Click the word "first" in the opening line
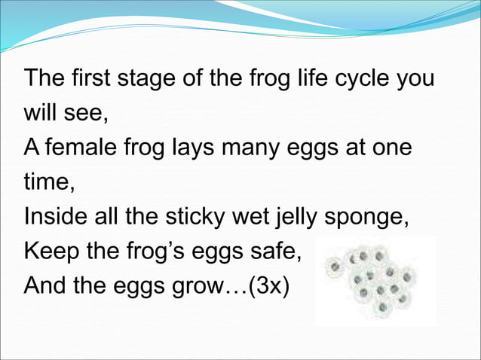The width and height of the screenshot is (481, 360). pyautogui.click(x=91, y=78)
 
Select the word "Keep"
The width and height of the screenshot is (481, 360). pyautogui.click(x=50, y=252)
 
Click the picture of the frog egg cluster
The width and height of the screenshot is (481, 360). pyautogui.click(x=373, y=279)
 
